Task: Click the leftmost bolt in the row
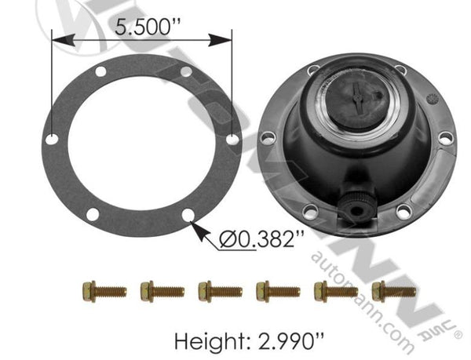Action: pyautogui.click(x=103, y=291)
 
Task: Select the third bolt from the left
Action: pyautogui.click(x=219, y=291)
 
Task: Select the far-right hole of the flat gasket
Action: pyautogui.click(x=232, y=138)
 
